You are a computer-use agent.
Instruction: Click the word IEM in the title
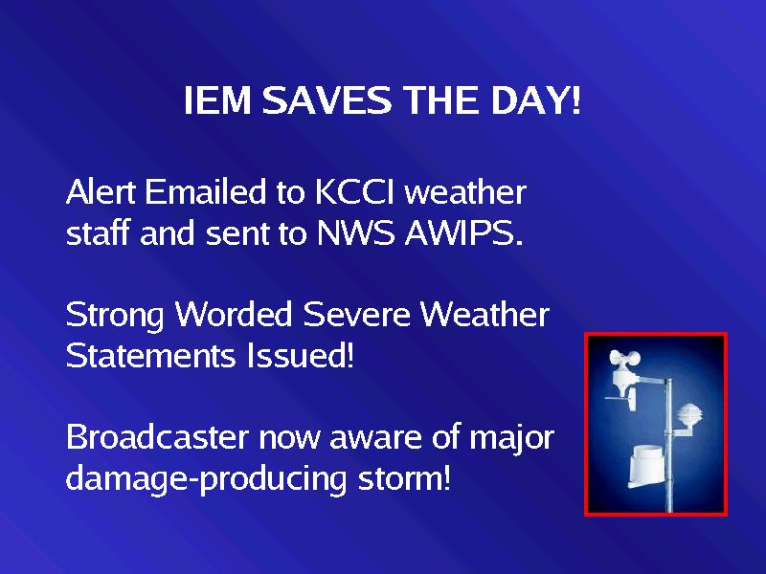[217, 100]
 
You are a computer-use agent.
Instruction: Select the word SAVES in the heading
[327, 100]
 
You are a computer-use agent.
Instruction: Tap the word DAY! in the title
[535, 100]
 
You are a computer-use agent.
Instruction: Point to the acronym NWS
[355, 232]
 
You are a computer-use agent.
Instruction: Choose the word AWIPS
[464, 232]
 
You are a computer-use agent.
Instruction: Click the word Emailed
[206, 191]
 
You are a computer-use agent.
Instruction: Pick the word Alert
[101, 191]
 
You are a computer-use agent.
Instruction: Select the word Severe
[356, 315]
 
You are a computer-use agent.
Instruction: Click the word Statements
[150, 355]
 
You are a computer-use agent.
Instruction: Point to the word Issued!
[300, 354]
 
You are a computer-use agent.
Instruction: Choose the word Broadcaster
[157, 436]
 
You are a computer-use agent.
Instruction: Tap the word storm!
[403, 478]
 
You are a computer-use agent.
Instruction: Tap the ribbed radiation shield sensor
[688, 415]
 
